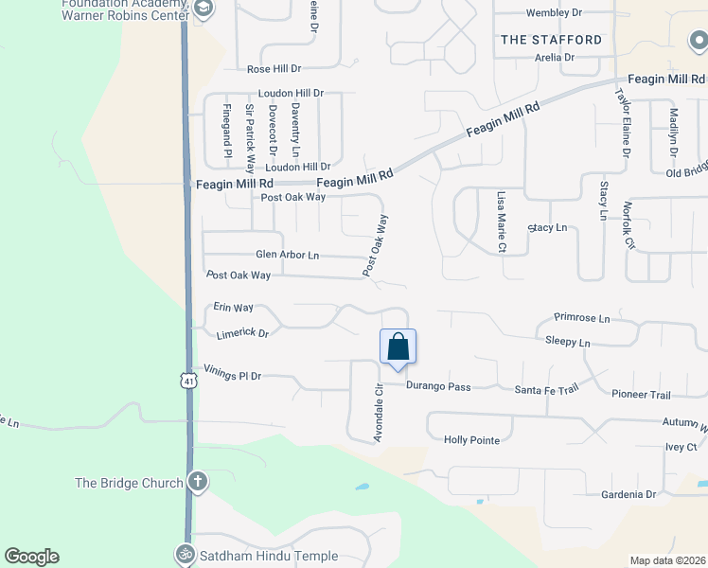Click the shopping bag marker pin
tap(398, 346)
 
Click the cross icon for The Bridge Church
tap(197, 482)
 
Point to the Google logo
tap(31, 557)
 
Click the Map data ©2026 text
tap(667, 560)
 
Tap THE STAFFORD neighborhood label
tap(551, 40)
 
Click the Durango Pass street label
tap(438, 386)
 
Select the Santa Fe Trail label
tap(546, 389)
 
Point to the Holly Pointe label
tap(471, 439)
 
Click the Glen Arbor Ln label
tap(287, 255)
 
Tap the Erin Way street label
tap(233, 308)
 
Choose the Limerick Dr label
tap(242, 333)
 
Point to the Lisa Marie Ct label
tap(502, 222)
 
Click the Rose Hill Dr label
tap(274, 69)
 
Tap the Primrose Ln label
tap(582, 319)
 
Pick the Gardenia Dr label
tap(628, 494)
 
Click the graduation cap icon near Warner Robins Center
tap(203, 9)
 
